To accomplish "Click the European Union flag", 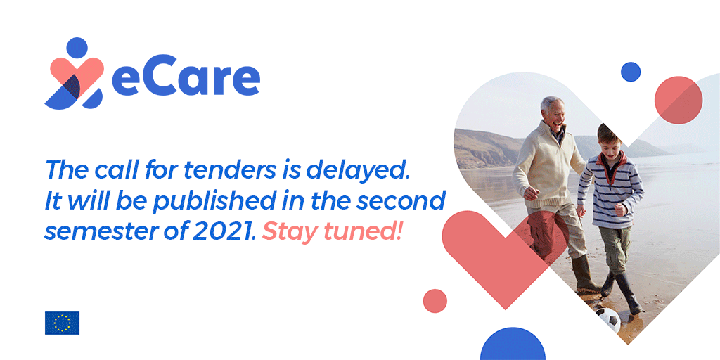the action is point(62,323).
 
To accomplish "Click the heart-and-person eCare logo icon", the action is point(76,73).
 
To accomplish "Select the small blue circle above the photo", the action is point(631,72).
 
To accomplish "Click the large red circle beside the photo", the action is point(679,100).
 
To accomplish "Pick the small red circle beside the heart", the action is point(435,301).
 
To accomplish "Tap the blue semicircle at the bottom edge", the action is point(513,344).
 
